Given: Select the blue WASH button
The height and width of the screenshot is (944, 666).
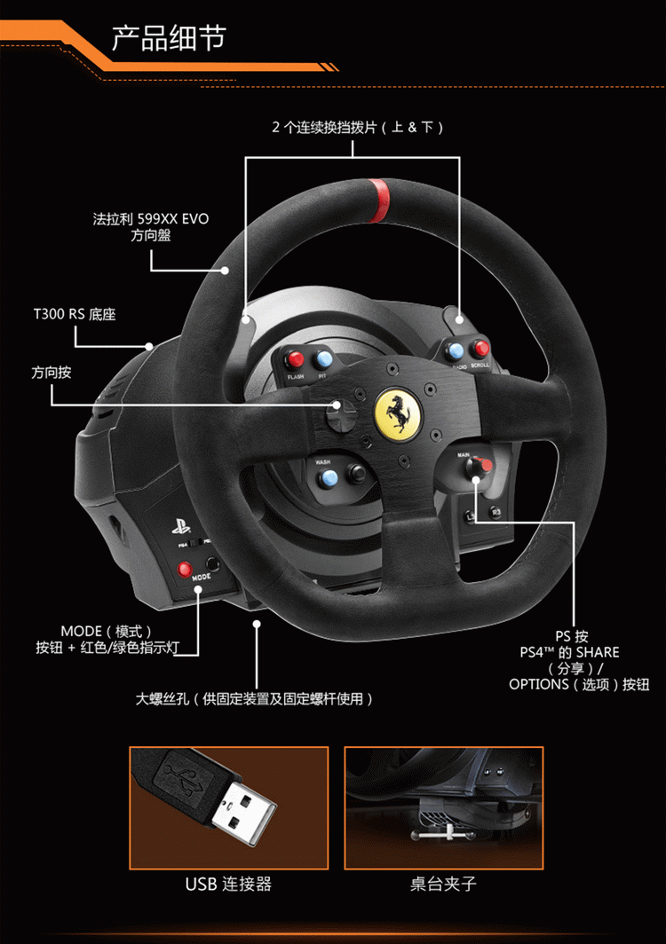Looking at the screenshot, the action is pos(329,480).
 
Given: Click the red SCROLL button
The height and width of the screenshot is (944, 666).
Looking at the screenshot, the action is pos(481,349).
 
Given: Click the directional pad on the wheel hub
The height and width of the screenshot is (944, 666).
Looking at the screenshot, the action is pos(338,413).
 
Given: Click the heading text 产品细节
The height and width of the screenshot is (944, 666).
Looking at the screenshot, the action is pos(169,38).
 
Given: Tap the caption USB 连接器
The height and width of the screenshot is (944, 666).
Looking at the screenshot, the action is pos(228,884).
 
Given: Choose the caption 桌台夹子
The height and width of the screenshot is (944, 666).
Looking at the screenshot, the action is pos(443,884).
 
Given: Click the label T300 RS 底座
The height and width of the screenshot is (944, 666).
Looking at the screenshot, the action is pos(75,314).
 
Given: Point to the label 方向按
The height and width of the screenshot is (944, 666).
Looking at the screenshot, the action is pos(51,373).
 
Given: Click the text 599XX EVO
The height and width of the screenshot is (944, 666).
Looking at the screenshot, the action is pos(173,218).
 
